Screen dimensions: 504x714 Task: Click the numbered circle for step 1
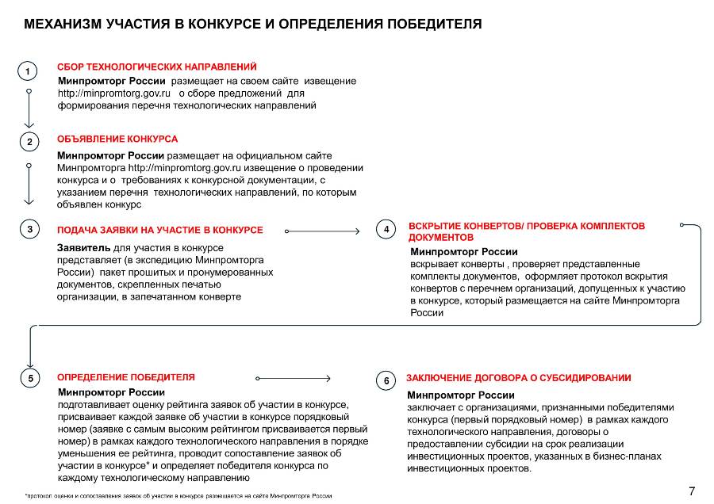pos(28,71)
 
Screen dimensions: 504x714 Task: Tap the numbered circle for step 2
pos(29,143)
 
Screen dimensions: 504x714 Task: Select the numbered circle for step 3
pos(29,230)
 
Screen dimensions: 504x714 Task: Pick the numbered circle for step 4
pos(386,230)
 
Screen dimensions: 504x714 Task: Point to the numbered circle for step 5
pos(30,379)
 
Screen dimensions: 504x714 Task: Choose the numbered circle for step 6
pos(386,381)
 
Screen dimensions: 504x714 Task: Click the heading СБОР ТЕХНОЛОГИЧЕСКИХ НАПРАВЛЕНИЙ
pos(157,67)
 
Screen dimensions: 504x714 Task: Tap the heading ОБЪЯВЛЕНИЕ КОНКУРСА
pos(117,139)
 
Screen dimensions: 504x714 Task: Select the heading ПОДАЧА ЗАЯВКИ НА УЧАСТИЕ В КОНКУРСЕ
pos(159,230)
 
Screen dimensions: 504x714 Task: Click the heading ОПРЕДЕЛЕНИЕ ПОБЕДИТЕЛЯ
pos(125,377)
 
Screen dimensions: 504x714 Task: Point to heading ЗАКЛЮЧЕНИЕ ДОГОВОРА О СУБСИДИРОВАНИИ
pos(519,378)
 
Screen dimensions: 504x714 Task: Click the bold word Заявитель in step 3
pos(83,248)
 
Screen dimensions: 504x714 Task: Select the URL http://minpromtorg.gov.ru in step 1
pos(115,93)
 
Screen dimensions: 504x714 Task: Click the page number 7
pos(692,491)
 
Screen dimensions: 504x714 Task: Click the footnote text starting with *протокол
pos(178,495)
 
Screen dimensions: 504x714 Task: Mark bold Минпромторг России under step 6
pos(461,395)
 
